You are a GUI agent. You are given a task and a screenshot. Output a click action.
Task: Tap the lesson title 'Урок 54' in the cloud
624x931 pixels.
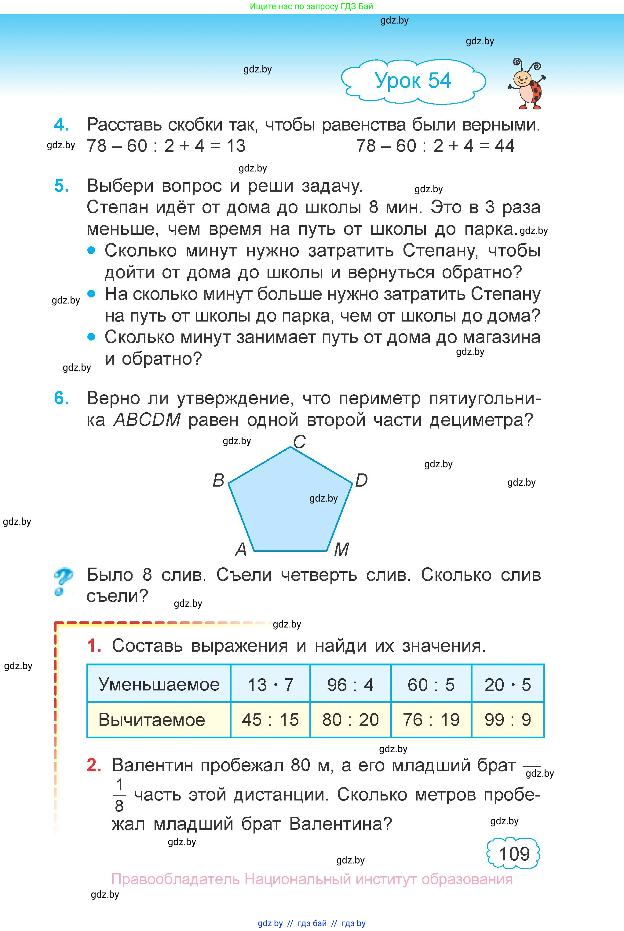click(x=413, y=81)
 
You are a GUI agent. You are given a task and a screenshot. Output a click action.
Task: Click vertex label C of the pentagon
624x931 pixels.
click(x=299, y=442)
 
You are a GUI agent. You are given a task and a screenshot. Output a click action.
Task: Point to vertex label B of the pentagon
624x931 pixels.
click(x=218, y=480)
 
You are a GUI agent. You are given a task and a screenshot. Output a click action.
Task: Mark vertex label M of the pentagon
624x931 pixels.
click(x=341, y=550)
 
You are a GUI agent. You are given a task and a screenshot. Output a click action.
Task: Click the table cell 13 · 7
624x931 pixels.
click(x=270, y=685)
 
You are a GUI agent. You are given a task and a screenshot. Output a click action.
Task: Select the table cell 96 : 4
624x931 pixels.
click(x=350, y=685)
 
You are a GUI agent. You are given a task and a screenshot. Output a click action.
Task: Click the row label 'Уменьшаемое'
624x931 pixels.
click(x=159, y=685)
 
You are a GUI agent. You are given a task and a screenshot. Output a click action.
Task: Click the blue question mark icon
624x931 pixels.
click(x=63, y=581)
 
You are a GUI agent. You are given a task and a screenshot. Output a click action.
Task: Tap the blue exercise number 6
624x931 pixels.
click(x=61, y=398)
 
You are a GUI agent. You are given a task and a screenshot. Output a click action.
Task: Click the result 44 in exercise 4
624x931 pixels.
click(x=505, y=146)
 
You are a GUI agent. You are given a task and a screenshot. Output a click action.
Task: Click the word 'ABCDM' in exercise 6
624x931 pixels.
click(x=147, y=420)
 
